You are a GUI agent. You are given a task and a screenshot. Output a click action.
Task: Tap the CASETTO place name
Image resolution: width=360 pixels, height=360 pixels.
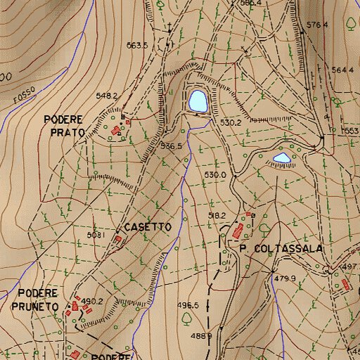click(x=148, y=228)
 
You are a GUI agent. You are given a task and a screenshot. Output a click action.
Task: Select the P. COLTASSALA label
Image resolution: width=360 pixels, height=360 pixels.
click(x=280, y=249)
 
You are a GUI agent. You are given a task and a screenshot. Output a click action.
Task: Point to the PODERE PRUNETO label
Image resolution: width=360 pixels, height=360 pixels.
click(x=37, y=300)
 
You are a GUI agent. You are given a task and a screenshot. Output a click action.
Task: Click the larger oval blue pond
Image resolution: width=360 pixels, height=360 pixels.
click(x=197, y=101)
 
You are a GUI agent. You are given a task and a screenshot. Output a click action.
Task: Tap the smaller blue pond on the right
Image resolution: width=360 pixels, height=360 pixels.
click(x=282, y=158)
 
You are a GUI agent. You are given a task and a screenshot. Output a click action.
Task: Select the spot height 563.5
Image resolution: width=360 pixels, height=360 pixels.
click(x=136, y=46)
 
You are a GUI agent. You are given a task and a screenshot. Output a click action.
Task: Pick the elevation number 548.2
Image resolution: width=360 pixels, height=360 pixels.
click(x=105, y=96)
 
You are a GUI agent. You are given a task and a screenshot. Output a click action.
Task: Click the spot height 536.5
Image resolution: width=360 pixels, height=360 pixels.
click(x=171, y=146)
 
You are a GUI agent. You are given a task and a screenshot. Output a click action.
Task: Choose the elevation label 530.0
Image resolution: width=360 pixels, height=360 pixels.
click(x=214, y=174)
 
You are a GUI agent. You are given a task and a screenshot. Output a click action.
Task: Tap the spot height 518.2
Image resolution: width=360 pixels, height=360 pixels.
click(x=217, y=215)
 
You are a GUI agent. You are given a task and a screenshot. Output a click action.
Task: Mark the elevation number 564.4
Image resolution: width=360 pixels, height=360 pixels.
click(x=342, y=70)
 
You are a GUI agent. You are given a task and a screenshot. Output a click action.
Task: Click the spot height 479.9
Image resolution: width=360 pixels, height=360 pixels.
click(x=285, y=278)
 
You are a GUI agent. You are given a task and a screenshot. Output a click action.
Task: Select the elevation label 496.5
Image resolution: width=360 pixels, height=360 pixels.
click(x=188, y=305)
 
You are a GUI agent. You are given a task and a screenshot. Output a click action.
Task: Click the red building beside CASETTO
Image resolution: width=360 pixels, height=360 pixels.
click(x=118, y=239)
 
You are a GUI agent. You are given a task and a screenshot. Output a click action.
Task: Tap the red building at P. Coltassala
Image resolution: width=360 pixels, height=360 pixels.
click(x=238, y=231)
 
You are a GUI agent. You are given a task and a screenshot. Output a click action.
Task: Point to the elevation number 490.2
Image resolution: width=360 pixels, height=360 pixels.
click(x=92, y=301)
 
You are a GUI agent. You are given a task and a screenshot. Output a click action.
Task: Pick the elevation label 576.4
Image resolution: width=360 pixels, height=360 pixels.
click(x=318, y=25)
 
